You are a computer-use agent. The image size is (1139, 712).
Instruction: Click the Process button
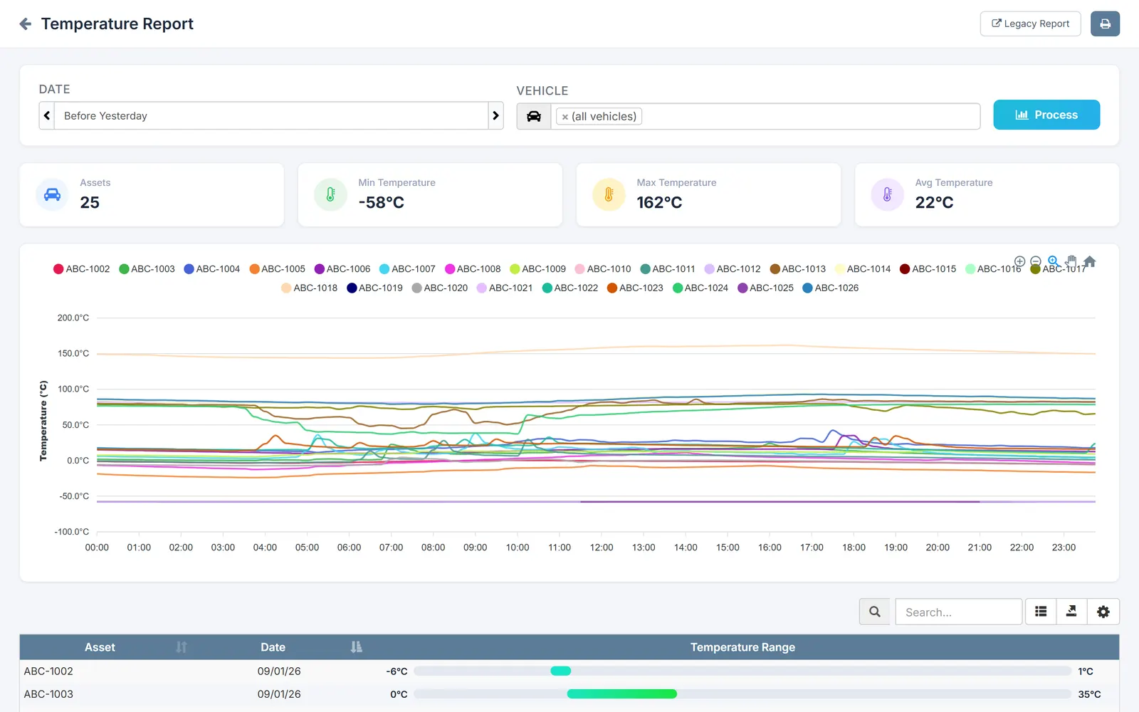[1046, 115]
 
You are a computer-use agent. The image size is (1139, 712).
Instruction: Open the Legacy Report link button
[1030, 24]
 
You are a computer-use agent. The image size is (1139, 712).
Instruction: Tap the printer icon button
[1105, 24]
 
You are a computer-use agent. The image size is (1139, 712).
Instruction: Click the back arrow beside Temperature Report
[26, 24]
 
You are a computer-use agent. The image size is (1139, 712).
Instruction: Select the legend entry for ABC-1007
[407, 268]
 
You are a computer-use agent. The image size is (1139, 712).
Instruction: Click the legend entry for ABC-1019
[374, 288]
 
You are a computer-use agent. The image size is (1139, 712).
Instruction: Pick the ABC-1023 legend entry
[635, 288]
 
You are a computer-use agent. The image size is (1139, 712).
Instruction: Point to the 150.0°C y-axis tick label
[73, 353]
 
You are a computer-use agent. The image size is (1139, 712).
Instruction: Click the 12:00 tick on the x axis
[602, 548]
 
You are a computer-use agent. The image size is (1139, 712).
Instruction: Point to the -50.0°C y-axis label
[74, 496]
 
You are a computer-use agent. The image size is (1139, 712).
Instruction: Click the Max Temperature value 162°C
[659, 202]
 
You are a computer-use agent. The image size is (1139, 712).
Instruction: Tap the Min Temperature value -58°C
[382, 202]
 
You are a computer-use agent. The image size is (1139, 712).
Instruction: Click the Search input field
[958, 612]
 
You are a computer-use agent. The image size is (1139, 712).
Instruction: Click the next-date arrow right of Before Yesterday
[495, 115]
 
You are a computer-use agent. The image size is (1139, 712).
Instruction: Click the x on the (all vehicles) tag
[565, 117]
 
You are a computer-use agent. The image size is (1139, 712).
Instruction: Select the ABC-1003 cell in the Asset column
[48, 694]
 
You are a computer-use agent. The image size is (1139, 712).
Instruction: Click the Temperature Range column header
[742, 647]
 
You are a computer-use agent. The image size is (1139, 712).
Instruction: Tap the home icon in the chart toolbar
[1089, 261]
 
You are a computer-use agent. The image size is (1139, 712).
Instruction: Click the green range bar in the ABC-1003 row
[622, 693]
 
